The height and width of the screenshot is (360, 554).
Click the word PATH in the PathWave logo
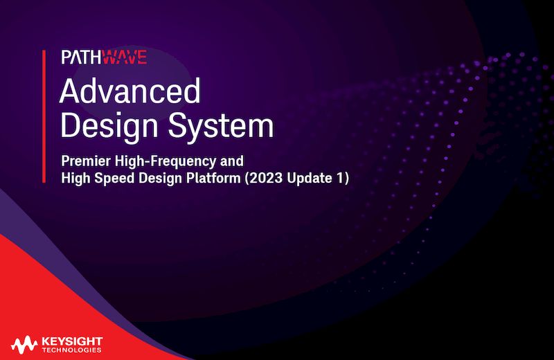pos(81,57)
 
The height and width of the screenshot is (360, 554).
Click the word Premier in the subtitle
pos(84,161)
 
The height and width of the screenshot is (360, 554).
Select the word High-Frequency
pos(163,161)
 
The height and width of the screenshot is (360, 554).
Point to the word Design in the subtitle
pos(158,178)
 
